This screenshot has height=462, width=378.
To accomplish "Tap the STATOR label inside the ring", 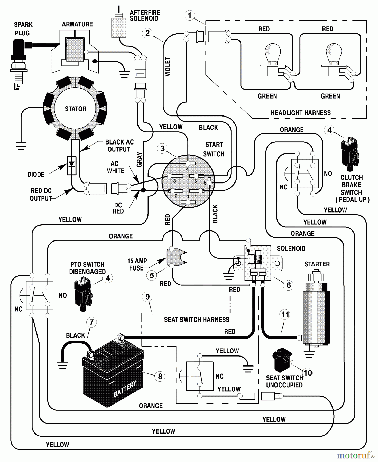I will [x=76, y=109].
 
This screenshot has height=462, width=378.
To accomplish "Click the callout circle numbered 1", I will [x=190, y=15].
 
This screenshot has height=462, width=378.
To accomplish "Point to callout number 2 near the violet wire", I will [x=147, y=33].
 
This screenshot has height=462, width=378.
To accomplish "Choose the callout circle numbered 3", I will [x=162, y=148].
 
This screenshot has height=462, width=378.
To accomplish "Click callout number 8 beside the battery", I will [x=160, y=376].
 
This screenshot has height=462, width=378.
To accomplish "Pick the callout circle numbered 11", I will [x=285, y=314].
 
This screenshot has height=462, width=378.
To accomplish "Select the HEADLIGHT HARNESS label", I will [x=301, y=113].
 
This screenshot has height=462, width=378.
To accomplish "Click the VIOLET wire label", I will [x=168, y=67].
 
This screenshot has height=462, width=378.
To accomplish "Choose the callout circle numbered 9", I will [x=147, y=297].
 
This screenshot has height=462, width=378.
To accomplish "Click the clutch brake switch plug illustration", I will [x=349, y=154].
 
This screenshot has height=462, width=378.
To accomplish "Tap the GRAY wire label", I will [x=139, y=159].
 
